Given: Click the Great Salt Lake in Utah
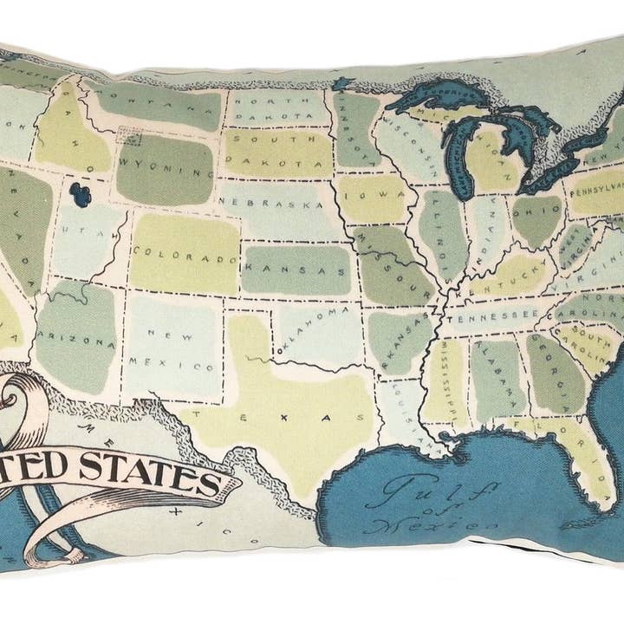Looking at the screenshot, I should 81,195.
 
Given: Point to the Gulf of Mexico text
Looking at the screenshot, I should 427,504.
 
